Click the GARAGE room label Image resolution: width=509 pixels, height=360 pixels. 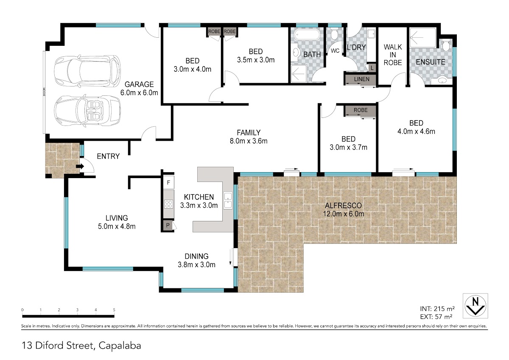(139, 84)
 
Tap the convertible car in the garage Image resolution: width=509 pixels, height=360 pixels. (87, 111)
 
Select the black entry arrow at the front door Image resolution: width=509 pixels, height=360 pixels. (80, 166)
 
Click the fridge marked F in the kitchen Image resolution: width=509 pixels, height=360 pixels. (169, 182)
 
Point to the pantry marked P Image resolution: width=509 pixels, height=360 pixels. (168, 225)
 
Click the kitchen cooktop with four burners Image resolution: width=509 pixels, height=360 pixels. (169, 204)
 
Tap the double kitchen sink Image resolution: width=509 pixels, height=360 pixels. (228, 201)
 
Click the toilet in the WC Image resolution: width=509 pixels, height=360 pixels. (334, 34)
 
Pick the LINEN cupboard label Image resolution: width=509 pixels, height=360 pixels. (361, 79)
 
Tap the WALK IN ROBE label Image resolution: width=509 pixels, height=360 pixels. (393, 55)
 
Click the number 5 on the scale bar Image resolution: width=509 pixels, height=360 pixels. (114, 310)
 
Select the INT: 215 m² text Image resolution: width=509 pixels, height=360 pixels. (437, 309)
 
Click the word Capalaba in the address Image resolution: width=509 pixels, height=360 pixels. (120, 346)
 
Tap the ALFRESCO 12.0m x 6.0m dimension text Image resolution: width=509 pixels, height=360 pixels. (343, 214)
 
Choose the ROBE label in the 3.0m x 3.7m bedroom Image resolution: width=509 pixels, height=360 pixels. (361, 110)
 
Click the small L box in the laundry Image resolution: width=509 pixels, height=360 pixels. (372, 68)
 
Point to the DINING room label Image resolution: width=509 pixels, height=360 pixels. (196, 256)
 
